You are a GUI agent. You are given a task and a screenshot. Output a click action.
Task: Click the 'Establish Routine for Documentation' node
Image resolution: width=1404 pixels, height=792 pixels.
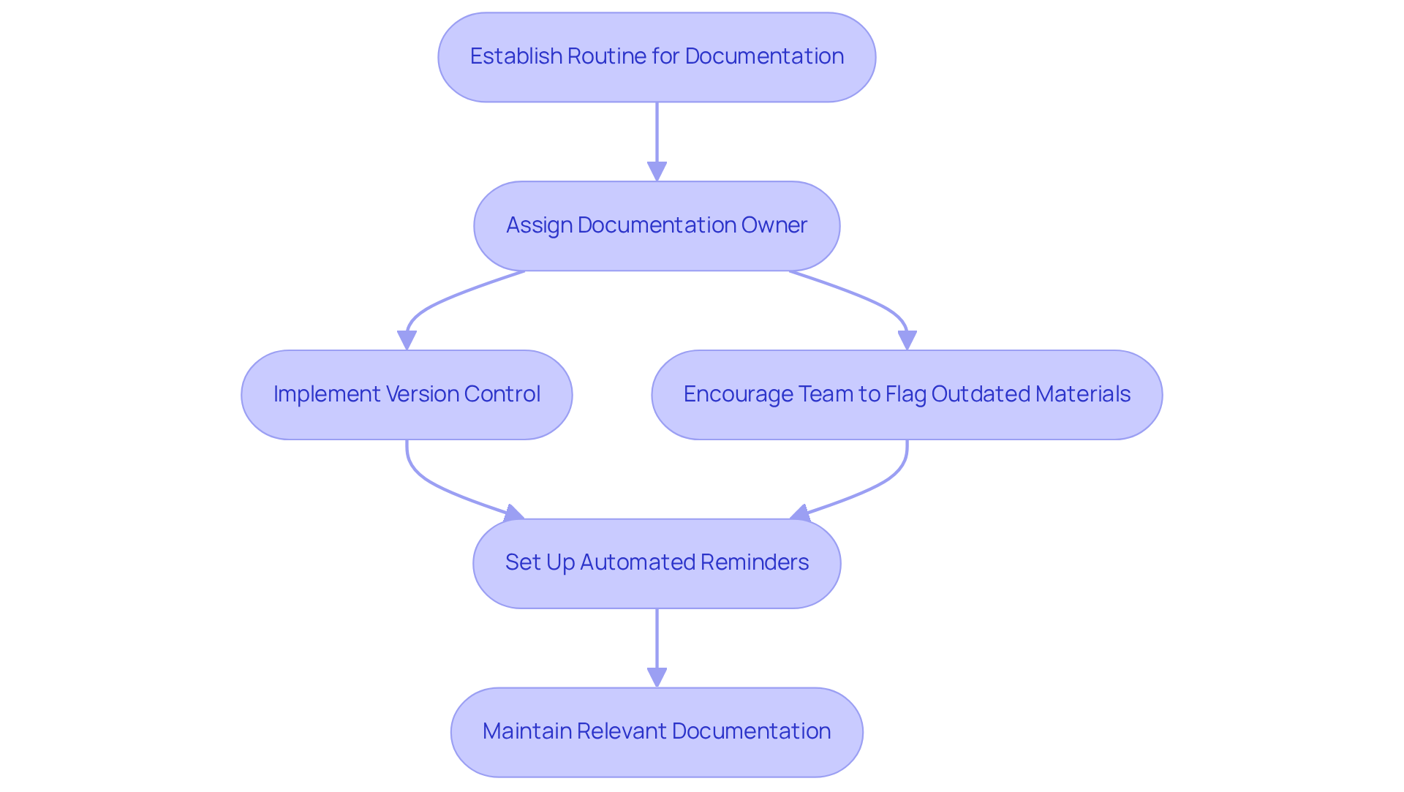(657, 57)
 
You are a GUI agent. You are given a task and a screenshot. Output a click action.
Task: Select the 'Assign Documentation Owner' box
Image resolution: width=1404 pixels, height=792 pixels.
(657, 225)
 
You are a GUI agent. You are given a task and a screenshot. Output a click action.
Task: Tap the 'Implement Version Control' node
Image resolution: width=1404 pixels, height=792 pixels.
(407, 394)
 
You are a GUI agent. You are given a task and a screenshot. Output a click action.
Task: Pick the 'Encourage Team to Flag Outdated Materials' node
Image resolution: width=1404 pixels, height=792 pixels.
(907, 394)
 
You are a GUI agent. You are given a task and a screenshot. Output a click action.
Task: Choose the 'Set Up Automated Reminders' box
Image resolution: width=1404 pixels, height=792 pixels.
(657, 563)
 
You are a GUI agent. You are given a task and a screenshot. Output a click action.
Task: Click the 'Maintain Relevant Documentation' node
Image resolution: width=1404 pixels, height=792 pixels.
(657, 731)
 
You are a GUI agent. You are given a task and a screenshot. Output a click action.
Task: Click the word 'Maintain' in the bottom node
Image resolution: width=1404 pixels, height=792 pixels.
(526, 731)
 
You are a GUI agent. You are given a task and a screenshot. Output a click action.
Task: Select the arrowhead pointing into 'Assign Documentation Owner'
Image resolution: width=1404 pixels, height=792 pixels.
(657, 172)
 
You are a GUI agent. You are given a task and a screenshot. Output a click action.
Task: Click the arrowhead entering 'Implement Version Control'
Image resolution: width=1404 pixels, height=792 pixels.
(407, 341)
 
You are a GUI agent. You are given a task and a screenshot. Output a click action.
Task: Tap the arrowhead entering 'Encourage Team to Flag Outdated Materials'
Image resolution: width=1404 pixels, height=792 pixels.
(907, 341)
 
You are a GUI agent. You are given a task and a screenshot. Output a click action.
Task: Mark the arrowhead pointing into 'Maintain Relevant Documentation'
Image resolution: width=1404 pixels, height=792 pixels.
(657, 678)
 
